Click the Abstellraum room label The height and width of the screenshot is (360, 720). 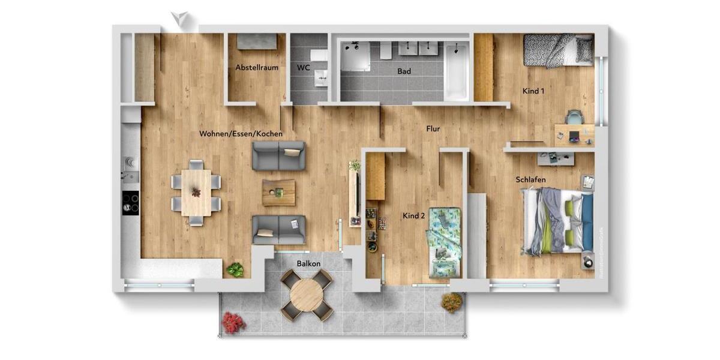coord(256,68)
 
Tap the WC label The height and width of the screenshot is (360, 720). coord(303,68)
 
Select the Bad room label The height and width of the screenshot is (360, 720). coord(404,71)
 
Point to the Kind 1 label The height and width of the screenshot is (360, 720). coord(533,91)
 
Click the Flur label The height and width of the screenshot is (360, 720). coord(434,128)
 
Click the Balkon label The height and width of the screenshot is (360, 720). coord(308,263)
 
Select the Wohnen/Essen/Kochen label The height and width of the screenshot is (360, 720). coord(241,134)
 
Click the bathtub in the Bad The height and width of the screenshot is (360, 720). coord(456,71)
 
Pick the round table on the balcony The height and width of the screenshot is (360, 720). coord(307,295)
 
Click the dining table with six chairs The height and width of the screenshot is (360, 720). coord(196,192)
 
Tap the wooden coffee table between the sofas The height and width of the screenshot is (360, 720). coord(278,193)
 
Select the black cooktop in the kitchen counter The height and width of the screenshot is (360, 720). coord(130,202)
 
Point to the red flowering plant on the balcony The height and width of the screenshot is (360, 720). coord(233,322)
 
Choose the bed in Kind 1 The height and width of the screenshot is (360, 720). coord(558,50)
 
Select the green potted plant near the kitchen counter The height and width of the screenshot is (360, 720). coord(235,270)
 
